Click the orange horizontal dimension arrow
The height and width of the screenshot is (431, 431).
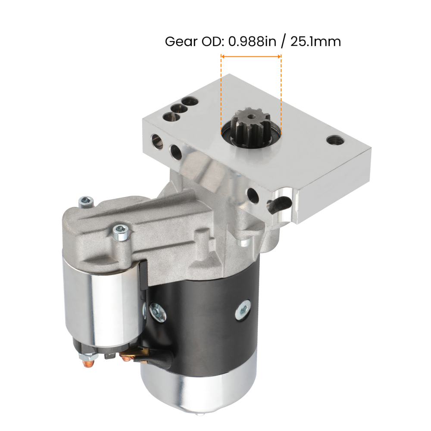[x=251, y=56]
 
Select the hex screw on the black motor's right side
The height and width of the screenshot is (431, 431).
[x=243, y=309]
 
